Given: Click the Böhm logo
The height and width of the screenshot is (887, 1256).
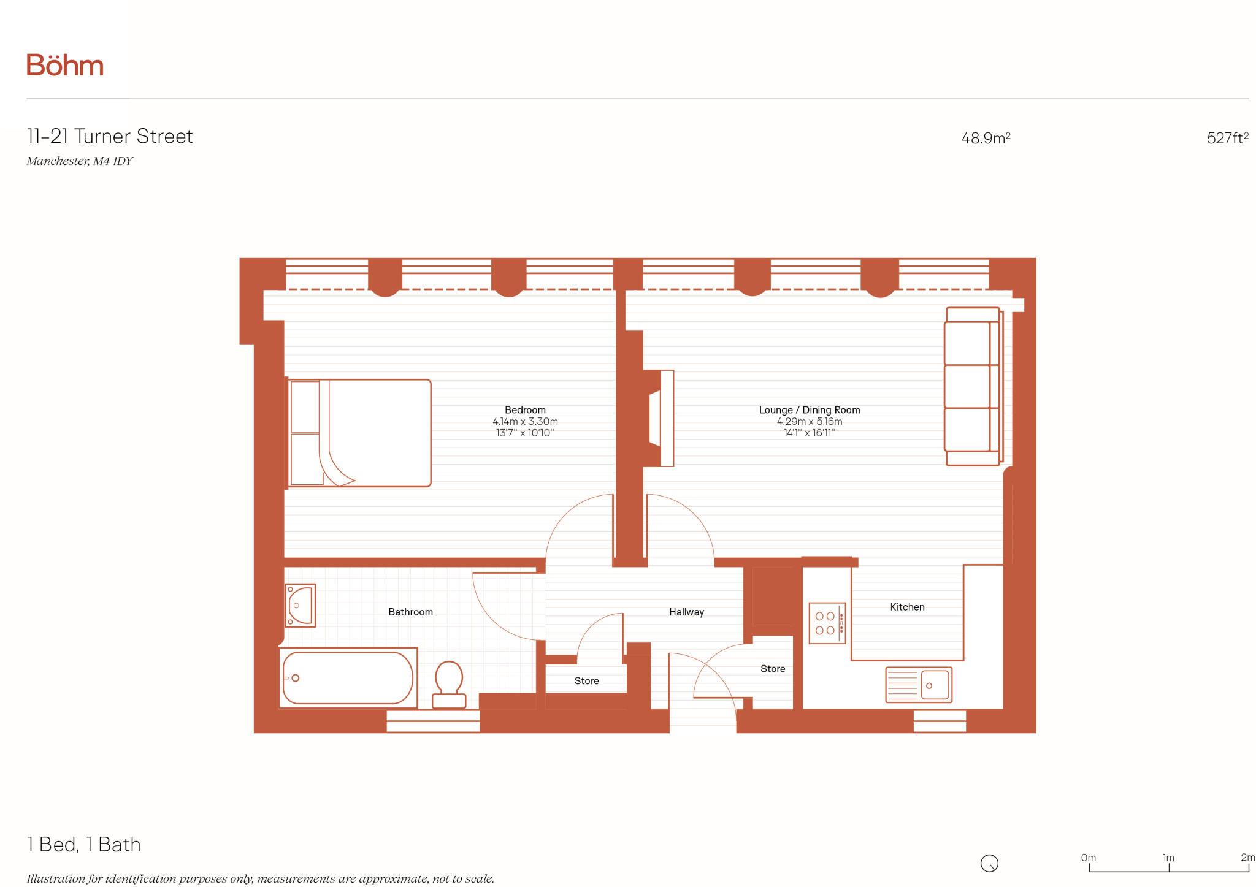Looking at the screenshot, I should (64, 65).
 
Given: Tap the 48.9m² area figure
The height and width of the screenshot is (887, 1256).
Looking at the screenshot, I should (985, 138).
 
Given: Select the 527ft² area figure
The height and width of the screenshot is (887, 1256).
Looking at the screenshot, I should (1227, 138).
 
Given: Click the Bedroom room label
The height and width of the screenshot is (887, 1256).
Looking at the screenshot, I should (525, 409).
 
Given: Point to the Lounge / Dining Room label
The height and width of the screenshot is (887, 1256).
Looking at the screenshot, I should (809, 409).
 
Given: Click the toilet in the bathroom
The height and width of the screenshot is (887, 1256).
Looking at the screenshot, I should (449, 683).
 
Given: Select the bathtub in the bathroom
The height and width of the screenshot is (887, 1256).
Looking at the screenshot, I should (348, 678).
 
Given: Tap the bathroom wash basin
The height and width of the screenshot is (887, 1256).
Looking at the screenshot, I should (300, 605).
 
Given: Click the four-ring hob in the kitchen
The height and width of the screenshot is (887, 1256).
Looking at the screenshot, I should (827, 623).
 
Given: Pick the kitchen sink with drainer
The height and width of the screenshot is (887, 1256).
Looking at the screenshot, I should (918, 685).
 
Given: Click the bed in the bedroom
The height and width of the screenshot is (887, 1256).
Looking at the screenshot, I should (359, 433).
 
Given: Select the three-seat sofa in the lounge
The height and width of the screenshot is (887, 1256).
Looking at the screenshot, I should (973, 386).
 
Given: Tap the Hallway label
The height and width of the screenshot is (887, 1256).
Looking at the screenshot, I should (686, 612).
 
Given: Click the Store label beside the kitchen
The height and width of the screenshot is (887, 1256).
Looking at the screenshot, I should (772, 669).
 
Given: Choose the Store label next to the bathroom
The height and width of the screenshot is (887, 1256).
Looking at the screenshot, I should (586, 681).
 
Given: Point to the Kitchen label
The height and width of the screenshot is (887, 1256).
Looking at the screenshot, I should (907, 607).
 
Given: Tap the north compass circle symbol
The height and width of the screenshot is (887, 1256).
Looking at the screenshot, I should (989, 863).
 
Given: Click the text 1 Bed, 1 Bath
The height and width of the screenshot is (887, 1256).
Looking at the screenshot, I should (84, 845).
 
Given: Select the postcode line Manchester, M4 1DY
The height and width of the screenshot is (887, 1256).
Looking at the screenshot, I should (80, 161).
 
